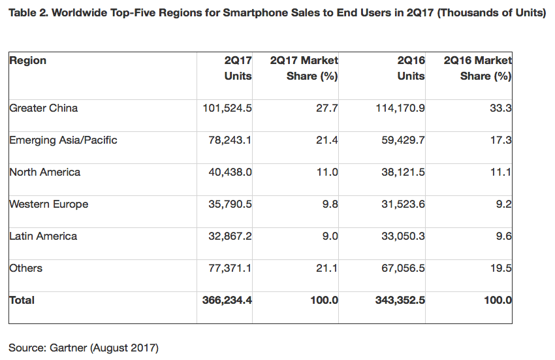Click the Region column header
pos(27,61)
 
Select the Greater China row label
pos(43,108)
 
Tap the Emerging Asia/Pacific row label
pos(63,140)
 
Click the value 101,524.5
pos(227,108)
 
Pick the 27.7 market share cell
pos(329,108)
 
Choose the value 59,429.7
pos(404,140)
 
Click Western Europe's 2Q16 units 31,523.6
pos(404,204)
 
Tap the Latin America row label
pos(43,236)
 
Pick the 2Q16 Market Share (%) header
pos(477,68)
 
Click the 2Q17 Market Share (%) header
pos(304,68)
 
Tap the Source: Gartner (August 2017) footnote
pos(83,348)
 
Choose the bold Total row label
pos(22,300)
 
